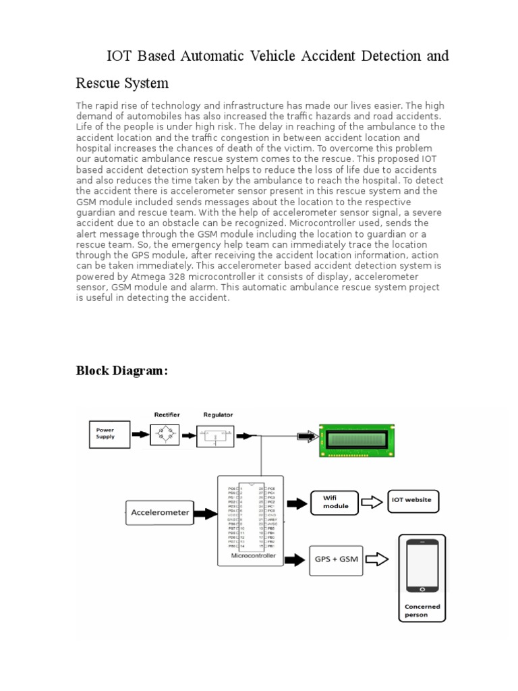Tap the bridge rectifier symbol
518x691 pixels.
(x=167, y=435)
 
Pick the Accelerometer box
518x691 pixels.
(x=160, y=512)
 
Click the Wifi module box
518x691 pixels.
(x=335, y=502)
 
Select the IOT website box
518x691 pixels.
(x=412, y=501)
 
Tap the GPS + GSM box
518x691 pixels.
(x=335, y=559)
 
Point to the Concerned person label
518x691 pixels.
(x=422, y=611)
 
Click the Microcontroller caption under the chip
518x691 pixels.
(x=252, y=556)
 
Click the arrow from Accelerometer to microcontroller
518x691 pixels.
(x=206, y=514)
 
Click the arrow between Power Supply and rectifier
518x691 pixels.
(x=140, y=435)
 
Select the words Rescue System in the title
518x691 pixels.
(x=121, y=83)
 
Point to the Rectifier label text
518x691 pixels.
(x=167, y=415)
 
